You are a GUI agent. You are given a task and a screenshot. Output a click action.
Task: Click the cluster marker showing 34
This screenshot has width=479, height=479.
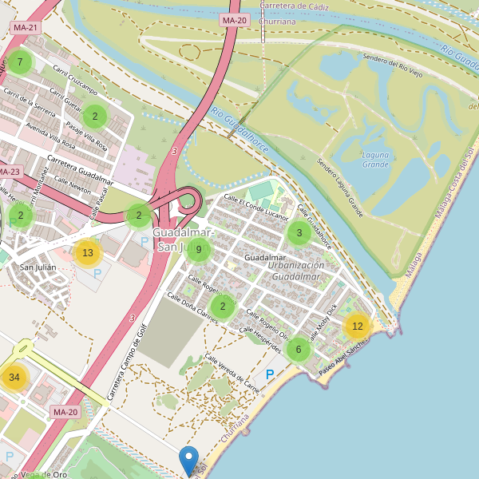click(14, 378)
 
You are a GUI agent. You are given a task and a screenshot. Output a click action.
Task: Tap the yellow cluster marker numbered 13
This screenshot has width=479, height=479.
click(88, 253)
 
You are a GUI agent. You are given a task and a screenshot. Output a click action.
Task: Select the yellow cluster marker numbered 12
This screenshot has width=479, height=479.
click(358, 326)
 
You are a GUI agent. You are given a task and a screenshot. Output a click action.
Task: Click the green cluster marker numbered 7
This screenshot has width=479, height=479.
click(19, 62)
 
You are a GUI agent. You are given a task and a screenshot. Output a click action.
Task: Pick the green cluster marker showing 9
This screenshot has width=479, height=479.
click(199, 249)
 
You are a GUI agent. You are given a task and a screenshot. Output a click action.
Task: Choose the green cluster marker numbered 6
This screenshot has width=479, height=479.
click(298, 349)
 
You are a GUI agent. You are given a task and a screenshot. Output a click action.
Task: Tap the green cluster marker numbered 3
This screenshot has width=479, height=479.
click(299, 233)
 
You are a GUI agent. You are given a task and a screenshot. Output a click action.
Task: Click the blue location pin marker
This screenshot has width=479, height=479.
click(189, 461)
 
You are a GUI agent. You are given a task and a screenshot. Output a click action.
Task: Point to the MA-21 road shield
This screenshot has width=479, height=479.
click(25, 27)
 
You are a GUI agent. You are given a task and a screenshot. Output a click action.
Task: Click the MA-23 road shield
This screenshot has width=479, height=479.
click(9, 172)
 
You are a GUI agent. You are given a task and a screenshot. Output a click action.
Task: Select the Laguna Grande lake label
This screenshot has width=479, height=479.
click(375, 160)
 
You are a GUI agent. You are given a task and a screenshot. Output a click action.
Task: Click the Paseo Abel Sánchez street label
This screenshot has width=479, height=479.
click(343, 359)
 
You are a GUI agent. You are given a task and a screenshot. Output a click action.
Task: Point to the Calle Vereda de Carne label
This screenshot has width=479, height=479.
click(232, 374)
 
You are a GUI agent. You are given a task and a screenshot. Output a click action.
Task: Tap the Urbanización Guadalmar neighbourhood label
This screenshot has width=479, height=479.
click(296, 271)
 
